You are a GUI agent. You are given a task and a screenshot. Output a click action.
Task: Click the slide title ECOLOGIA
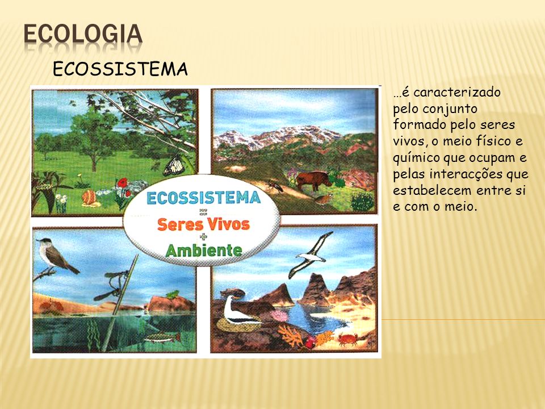[83, 34]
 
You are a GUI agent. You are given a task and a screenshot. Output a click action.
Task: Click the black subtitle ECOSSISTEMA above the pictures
[120, 69]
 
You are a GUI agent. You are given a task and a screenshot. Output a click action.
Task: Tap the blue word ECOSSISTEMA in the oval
[204, 198]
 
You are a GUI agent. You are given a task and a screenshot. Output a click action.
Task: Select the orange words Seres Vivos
[203, 224]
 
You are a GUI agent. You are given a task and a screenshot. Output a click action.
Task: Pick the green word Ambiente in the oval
[204, 250]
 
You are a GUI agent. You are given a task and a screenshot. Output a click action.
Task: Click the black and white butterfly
[174, 165]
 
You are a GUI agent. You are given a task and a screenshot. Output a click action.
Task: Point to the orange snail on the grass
[89, 198]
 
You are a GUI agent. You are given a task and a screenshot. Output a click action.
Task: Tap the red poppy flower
[123, 182]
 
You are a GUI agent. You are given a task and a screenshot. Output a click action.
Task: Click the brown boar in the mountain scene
[313, 180]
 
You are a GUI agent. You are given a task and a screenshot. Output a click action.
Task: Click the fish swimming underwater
[163, 337]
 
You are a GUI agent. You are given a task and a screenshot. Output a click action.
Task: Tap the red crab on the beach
[348, 339]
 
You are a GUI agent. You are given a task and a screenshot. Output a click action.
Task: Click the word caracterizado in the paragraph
[456, 93]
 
